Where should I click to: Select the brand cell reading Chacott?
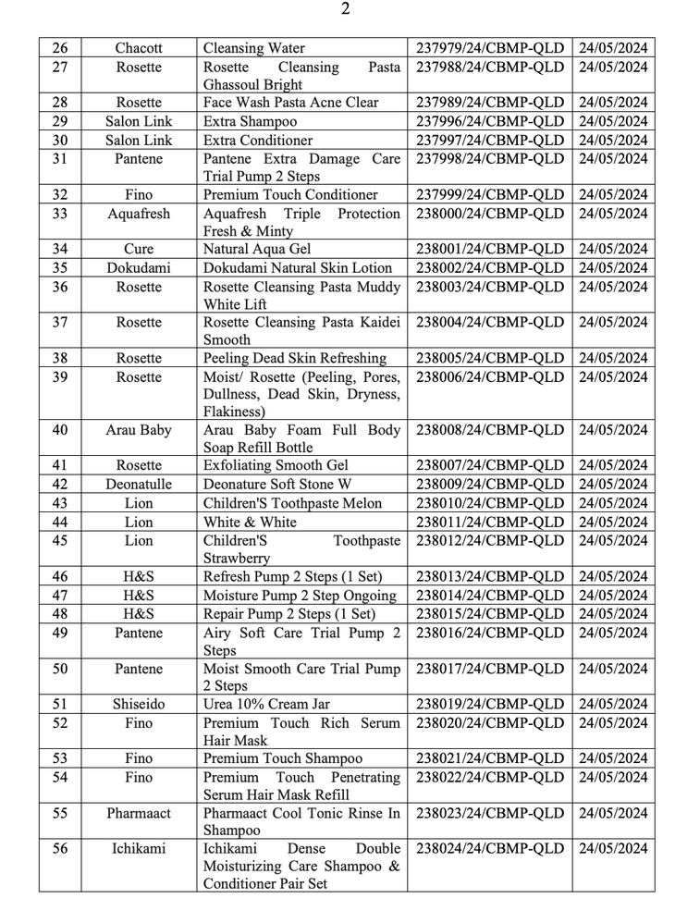[139, 48]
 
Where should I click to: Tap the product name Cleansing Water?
[253, 48]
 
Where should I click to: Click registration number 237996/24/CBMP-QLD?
[490, 121]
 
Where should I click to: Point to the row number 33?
[60, 214]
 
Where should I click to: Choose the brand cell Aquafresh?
[139, 214]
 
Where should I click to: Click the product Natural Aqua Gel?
[257, 250]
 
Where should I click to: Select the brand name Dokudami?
[139, 268]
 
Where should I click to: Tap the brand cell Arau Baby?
[139, 430]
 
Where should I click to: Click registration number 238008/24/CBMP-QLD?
[490, 430]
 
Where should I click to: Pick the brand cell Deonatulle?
[139, 485]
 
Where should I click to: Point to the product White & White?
[250, 522]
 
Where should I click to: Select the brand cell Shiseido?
[139, 705]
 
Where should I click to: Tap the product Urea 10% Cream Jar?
[267, 705]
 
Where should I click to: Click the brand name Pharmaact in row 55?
[139, 814]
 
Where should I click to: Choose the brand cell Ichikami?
[139, 849]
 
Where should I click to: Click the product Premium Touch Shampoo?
[276, 759]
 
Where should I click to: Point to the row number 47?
[60, 596]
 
